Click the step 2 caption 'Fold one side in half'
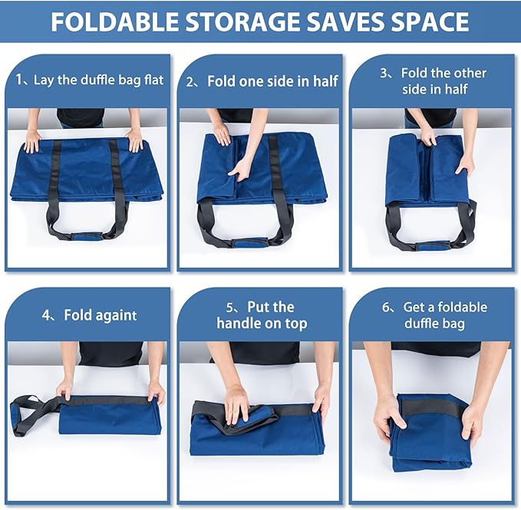pyautogui.click(x=262, y=81)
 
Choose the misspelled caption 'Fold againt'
pyautogui.click(x=90, y=314)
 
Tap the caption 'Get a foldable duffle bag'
pyautogui.click(x=434, y=314)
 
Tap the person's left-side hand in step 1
pyautogui.click(x=32, y=141)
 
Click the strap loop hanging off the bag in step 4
pyautogui.click(x=31, y=413)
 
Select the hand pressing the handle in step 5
pyautogui.click(x=236, y=403)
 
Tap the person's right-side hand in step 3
pyautogui.click(x=464, y=163)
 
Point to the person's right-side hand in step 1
pyautogui.click(x=135, y=140)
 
